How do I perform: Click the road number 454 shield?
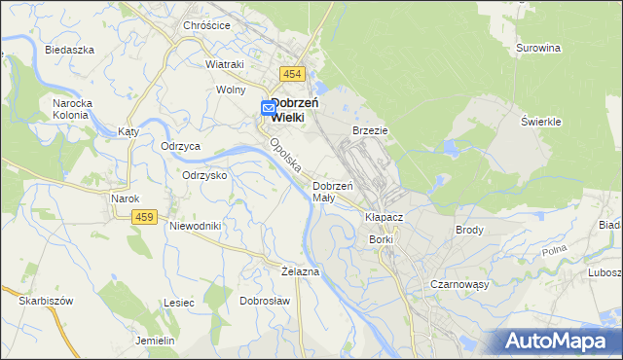[x=292, y=75]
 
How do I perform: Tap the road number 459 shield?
[x=146, y=217]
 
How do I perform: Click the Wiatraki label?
[x=224, y=64]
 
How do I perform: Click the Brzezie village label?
[x=370, y=129]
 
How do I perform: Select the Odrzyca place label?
[x=181, y=146]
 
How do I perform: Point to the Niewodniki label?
[x=196, y=226]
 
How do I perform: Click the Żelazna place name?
[x=300, y=271]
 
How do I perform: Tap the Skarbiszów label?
[x=46, y=302]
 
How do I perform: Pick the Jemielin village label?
[x=155, y=341]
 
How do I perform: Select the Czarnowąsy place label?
[x=459, y=284]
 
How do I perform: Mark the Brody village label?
[x=469, y=230]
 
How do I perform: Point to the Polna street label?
[x=555, y=252]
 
